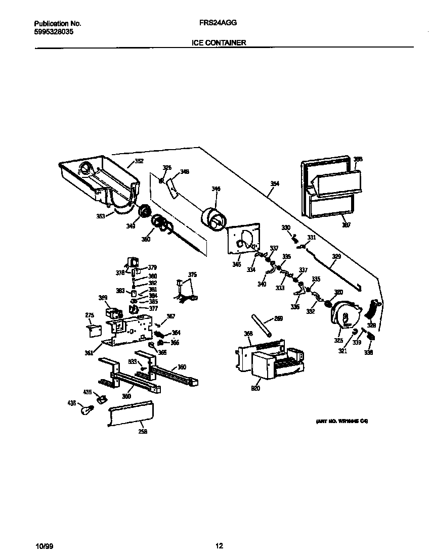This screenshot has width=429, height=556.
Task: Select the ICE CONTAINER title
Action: (x=219, y=43)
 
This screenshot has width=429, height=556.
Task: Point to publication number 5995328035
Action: (x=54, y=31)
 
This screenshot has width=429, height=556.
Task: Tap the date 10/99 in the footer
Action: (x=44, y=546)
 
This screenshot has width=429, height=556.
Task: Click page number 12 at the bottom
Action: (x=219, y=546)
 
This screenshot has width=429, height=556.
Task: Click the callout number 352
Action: (x=139, y=162)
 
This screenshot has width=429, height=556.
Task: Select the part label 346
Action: (x=216, y=189)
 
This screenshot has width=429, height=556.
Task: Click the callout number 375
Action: (x=192, y=274)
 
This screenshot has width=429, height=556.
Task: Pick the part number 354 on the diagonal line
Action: (x=275, y=183)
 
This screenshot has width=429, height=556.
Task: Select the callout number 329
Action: (x=336, y=257)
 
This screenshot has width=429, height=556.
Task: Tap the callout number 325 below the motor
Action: (x=338, y=340)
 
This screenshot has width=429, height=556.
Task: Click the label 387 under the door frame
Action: (x=345, y=225)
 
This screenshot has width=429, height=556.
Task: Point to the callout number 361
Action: (x=89, y=353)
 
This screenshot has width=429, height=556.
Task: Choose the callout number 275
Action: (x=90, y=315)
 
